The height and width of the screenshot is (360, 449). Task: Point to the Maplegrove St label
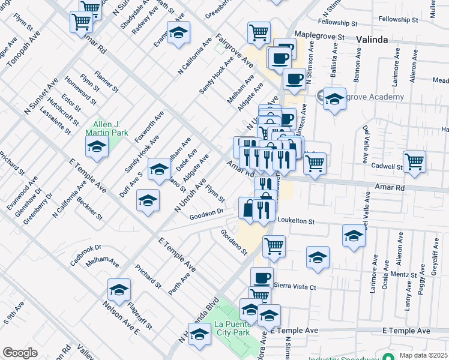[x=320, y=37]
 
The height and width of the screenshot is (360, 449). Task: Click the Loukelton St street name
[x=294, y=221]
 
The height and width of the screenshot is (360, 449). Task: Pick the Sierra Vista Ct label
[x=294, y=287]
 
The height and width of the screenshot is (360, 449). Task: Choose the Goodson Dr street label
[x=206, y=213]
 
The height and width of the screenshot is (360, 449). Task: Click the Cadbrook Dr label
[x=86, y=248]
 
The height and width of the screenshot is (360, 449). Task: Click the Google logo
[x=20, y=353]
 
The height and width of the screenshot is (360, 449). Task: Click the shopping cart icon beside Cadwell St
[x=415, y=160]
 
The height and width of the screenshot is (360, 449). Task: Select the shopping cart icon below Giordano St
[x=274, y=244]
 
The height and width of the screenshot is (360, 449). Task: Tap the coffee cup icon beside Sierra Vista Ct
[x=261, y=277]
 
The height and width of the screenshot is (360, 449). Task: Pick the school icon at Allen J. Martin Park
[x=97, y=146]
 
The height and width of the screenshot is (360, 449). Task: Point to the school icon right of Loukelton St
[x=354, y=235]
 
